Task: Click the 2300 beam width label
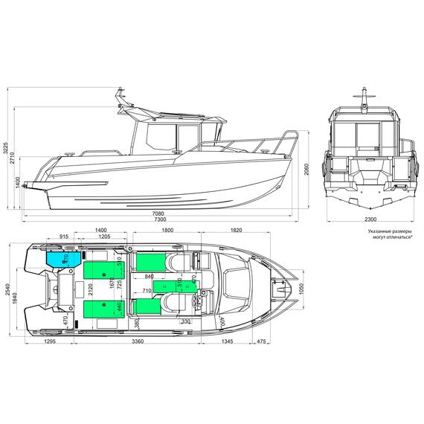click(371, 220)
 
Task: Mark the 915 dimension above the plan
click(63, 237)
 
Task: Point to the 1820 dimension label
click(237, 231)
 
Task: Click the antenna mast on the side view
click(120, 97)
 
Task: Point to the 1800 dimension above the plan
click(167, 231)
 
